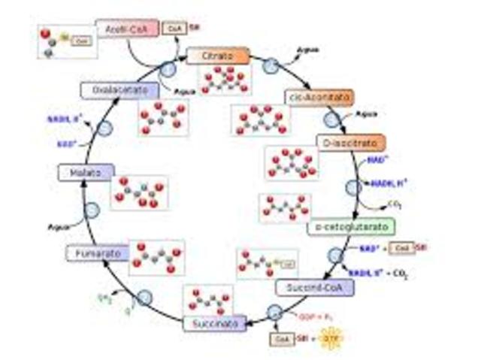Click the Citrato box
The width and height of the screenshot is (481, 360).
(x=218, y=56)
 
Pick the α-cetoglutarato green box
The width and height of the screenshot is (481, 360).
(x=340, y=226)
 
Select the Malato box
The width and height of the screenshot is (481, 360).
(x=86, y=172)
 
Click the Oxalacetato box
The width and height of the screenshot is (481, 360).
(x=119, y=90)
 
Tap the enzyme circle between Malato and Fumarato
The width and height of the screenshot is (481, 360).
(x=92, y=210)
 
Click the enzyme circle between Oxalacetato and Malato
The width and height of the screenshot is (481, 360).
(x=105, y=127)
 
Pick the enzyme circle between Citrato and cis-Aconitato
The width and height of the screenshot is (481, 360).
(x=271, y=66)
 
